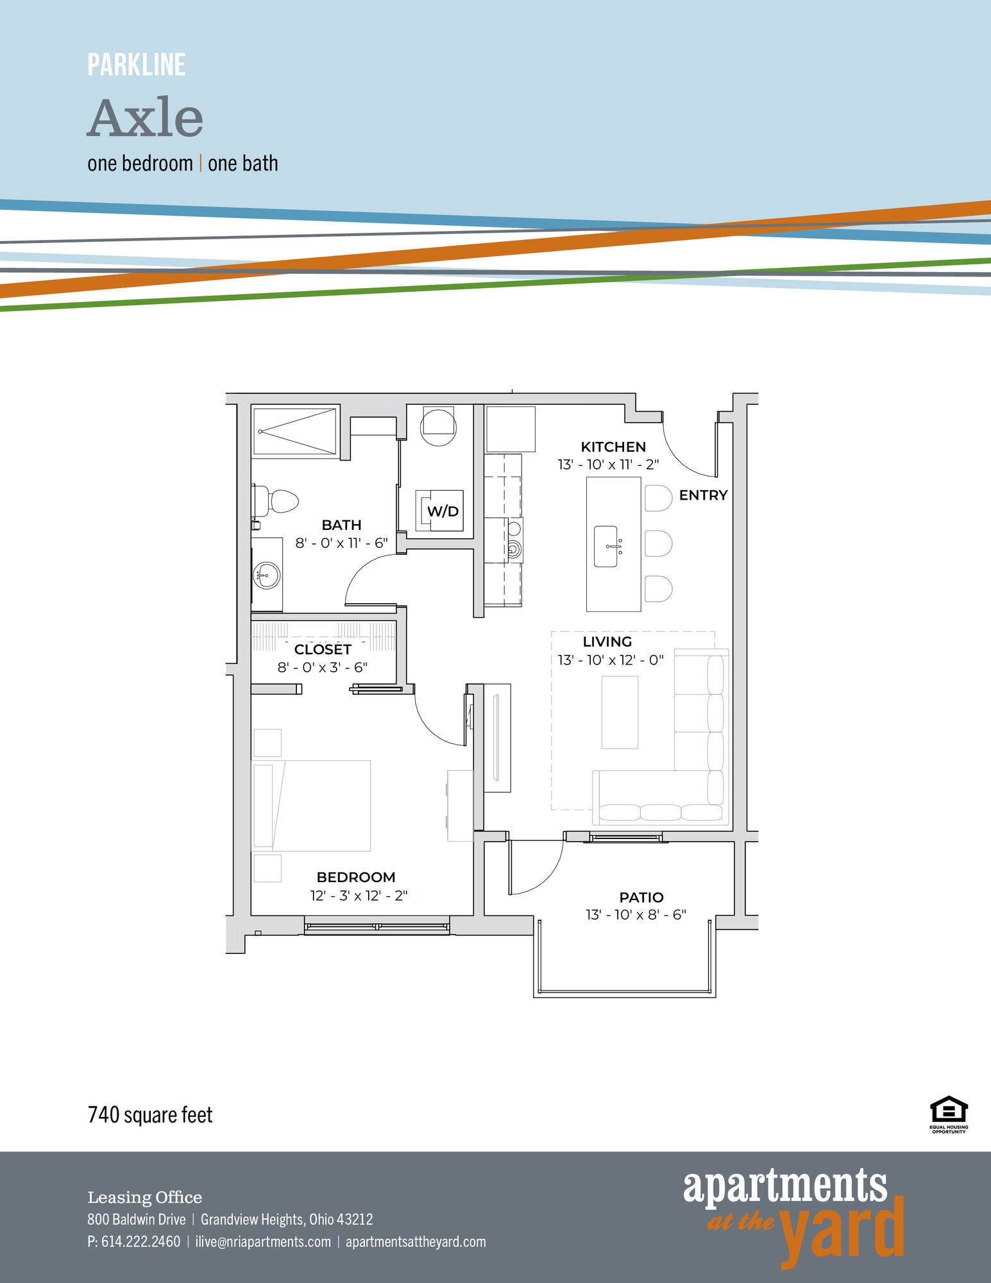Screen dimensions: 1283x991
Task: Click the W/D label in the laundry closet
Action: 443,511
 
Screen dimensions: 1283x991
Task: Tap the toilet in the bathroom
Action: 277,500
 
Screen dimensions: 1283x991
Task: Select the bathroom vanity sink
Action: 266,575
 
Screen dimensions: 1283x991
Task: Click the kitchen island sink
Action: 606,547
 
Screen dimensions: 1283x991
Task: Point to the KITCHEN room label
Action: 613,446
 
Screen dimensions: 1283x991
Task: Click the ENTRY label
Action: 703,495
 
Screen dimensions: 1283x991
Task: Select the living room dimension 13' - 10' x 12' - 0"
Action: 610,659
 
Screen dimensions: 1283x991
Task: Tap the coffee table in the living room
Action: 620,712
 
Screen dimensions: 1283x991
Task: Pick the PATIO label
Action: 641,897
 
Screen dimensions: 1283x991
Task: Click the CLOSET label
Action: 322,649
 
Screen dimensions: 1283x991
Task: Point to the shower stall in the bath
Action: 295,431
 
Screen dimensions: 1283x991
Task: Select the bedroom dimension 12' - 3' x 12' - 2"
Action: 359,896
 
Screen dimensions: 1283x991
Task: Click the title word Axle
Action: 146,119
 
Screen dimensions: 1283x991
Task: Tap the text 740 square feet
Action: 150,1114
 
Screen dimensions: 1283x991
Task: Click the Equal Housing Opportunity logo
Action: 949,1115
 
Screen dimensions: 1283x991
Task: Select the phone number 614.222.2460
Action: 140,1241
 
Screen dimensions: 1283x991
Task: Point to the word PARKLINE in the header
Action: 137,65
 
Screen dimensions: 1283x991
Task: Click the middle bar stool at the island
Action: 658,544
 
